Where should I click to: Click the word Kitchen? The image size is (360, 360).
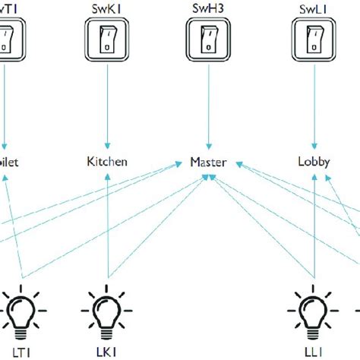pos(107,162)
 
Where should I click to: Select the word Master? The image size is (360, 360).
pos(209,162)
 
